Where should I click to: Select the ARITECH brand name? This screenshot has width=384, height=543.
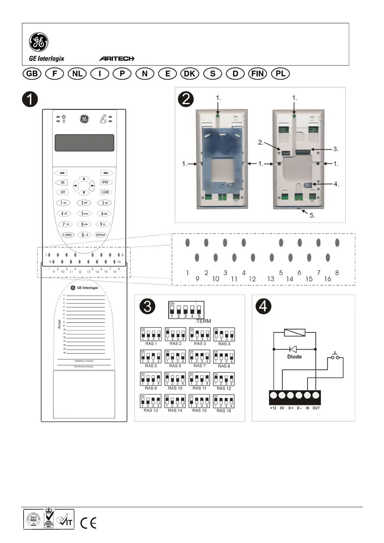[117, 58]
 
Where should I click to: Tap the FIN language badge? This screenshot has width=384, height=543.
[258, 73]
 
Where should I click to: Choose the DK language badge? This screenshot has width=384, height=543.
[190, 73]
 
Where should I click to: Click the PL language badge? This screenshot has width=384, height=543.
[280, 73]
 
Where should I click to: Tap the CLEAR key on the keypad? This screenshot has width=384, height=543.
[105, 192]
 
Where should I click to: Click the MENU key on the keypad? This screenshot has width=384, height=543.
[68, 235]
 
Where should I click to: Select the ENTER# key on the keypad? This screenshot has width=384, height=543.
[100, 235]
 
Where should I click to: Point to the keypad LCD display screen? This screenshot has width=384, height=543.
[84, 143]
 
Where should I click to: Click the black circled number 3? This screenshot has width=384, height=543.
[147, 306]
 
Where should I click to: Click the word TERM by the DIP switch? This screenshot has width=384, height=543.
[204, 321]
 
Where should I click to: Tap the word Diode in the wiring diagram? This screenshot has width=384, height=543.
[294, 357]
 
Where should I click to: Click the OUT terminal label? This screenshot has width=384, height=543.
[316, 408]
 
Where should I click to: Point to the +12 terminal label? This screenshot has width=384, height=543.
[273, 408]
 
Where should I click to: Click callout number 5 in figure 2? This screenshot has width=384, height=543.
[312, 215]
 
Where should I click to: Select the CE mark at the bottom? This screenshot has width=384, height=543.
[88, 522]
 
